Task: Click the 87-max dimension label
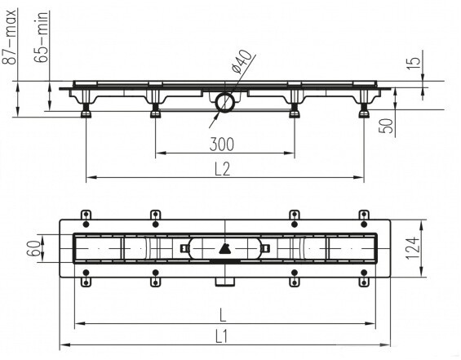(x=9, y=37)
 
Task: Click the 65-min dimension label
(x=42, y=37)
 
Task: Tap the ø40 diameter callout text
(x=242, y=61)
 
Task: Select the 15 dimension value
(x=414, y=62)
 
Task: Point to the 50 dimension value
(x=386, y=126)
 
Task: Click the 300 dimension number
(x=222, y=144)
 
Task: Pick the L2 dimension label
(x=222, y=169)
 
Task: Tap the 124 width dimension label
(x=413, y=248)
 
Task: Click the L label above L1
(x=223, y=316)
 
